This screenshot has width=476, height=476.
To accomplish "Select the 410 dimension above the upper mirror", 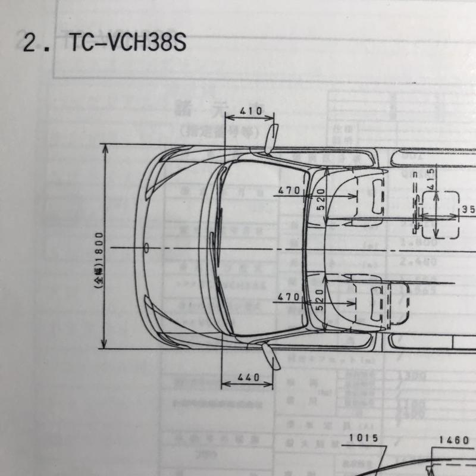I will (252, 111).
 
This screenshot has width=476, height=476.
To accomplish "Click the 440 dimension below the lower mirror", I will (248, 377).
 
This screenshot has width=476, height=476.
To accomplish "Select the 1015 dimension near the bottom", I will (364, 439).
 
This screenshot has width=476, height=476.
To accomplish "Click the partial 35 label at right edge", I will (469, 209).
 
